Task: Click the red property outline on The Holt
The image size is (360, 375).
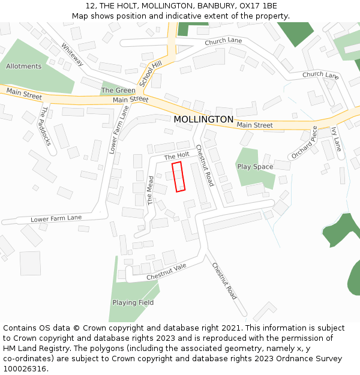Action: (x=178, y=176)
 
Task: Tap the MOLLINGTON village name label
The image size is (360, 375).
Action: (x=203, y=119)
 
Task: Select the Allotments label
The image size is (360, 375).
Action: (x=24, y=66)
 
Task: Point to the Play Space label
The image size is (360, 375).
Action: (x=255, y=167)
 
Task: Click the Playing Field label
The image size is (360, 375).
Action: (x=133, y=302)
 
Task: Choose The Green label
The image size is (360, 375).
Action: (x=118, y=91)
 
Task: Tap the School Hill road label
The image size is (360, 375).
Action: (x=151, y=73)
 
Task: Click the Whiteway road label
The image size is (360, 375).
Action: (x=71, y=54)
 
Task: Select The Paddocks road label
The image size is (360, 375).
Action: (x=46, y=126)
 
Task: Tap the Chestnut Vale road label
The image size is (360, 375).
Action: (x=167, y=272)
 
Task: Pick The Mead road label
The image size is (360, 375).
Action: (x=151, y=191)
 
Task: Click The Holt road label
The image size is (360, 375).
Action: (x=176, y=155)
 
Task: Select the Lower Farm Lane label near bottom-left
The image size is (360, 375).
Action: (x=56, y=219)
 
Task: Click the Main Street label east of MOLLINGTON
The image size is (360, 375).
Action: (x=254, y=125)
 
